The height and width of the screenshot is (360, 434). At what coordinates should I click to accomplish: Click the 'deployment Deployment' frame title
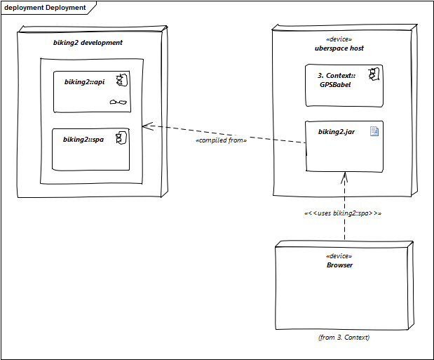pos(45,8)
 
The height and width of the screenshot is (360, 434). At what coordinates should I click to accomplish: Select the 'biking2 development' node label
pos(88,43)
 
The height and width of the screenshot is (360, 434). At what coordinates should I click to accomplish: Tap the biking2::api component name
pos(84,82)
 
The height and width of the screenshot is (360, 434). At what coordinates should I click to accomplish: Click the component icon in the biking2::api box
pos(122,80)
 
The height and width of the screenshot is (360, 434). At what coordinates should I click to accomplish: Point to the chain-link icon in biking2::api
pos(118,102)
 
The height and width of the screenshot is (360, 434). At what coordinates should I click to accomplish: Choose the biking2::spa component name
pos(83,140)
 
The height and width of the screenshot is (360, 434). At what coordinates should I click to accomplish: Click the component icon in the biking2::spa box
pos(121,138)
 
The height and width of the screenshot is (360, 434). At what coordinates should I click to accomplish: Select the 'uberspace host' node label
pos(339,48)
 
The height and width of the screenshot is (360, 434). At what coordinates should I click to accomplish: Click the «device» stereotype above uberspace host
pos(339,39)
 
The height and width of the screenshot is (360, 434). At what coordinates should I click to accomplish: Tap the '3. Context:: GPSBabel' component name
pos(337,80)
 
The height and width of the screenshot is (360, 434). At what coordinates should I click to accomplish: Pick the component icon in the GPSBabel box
pos(374,74)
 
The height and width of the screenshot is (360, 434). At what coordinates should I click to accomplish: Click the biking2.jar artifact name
pos(337,132)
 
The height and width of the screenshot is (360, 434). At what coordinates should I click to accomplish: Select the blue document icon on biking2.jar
pos(374,131)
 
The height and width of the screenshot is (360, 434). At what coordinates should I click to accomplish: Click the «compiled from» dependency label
pos(221,140)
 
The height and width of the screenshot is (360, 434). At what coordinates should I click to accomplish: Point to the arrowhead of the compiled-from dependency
pos(143,126)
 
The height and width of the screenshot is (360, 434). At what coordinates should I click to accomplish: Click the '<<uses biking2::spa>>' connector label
pos(343,213)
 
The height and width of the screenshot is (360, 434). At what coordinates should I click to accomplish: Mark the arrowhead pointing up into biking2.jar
pos(344,173)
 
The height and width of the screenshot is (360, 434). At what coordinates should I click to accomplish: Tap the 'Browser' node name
pos(339,265)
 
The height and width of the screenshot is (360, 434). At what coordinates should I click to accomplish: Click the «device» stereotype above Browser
pos(339,256)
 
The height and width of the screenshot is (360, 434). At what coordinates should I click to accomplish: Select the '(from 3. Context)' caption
pos(344,338)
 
